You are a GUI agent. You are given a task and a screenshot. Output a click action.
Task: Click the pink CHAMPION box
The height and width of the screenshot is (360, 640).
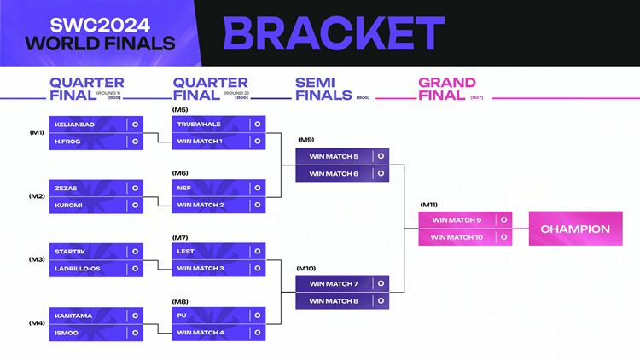(575, 229)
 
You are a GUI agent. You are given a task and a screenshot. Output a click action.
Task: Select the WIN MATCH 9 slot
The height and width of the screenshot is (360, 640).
(457, 220)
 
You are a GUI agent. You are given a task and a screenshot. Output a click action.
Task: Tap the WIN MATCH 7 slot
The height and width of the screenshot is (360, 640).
(334, 284)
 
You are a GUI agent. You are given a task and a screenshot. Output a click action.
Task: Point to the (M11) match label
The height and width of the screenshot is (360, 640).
(428, 205)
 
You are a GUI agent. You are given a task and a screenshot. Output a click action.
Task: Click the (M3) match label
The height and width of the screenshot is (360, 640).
(37, 259)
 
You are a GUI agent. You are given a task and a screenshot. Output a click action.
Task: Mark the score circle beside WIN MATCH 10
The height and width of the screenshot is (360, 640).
(503, 237)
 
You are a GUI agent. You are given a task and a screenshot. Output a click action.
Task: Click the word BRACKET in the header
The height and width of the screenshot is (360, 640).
(334, 33)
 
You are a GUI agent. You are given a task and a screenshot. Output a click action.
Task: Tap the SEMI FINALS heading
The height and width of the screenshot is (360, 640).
(323, 89)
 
